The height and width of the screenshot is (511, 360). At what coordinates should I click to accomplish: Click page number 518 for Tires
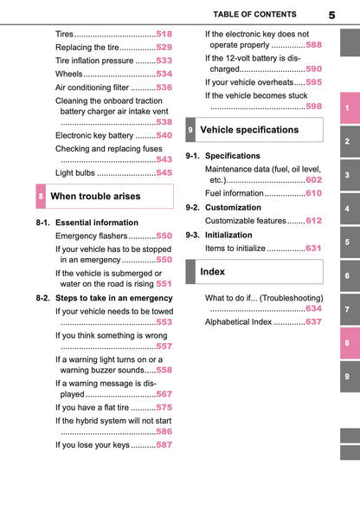pos(164,33)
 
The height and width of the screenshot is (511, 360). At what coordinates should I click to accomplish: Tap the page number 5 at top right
pos(332,16)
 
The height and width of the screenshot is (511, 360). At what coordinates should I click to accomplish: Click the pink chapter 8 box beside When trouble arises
pos(41,197)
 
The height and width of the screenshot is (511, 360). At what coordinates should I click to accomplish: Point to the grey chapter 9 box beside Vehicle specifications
pos(190,130)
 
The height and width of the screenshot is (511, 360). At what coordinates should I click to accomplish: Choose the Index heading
pos(213,272)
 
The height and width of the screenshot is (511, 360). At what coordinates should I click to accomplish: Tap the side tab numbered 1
pos(346,108)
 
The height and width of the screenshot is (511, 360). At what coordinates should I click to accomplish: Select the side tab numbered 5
pos(346,243)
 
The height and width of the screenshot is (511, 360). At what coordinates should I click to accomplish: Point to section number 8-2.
pos(43,298)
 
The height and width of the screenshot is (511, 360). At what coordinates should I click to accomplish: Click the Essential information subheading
pos(96,223)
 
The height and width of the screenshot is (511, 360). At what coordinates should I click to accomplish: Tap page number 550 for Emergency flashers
pos(164,236)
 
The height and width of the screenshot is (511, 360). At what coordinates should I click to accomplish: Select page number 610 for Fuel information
pos(313,193)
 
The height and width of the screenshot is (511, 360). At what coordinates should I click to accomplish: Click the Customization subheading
pos(233,208)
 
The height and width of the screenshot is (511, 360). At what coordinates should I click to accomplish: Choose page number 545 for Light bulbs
pos(164,173)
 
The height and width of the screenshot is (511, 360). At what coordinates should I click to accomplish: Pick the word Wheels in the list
pos(69,74)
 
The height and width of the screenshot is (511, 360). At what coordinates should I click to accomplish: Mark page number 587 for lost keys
pos(164,445)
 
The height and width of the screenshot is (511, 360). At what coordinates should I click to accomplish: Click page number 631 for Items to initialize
pos(313,248)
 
